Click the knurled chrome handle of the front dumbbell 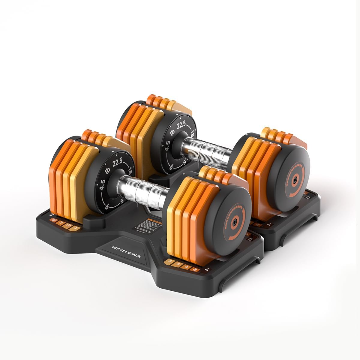[x=141, y=188]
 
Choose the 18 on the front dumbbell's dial [x=130, y=172]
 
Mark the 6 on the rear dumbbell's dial [x=171, y=167]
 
